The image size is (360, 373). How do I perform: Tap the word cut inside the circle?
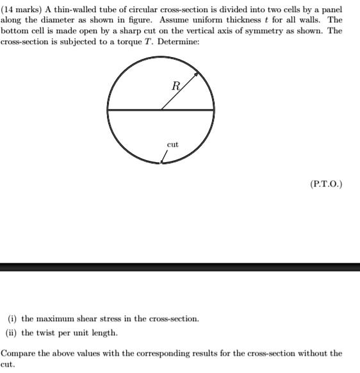click(x=173, y=145)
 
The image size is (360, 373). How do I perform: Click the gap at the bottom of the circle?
click(x=161, y=164)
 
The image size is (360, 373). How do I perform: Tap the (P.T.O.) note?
click(x=326, y=184)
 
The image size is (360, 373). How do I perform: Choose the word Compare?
click(x=19, y=352)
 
